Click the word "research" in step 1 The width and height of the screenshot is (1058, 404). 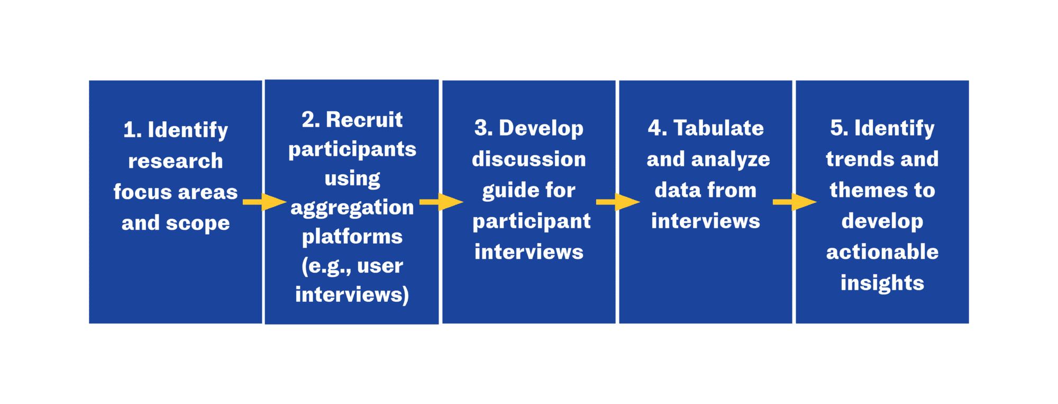(175, 161)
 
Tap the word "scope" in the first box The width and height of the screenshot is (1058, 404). (198, 223)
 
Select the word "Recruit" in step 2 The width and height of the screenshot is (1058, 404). (364, 120)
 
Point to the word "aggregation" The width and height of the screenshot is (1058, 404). (352, 208)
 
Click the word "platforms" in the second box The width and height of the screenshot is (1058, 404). (352, 237)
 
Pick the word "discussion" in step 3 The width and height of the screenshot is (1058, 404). (528, 159)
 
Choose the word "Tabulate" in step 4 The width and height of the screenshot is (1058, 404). (718, 128)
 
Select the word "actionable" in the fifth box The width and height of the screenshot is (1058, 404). (882, 252)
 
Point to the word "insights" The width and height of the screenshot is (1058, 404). (882, 283)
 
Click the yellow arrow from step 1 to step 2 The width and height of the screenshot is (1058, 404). (264, 202)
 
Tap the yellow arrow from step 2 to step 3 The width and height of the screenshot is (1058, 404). (441, 202)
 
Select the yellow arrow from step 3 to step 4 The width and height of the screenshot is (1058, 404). (617, 202)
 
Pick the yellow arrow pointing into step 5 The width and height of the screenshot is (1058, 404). (794, 202)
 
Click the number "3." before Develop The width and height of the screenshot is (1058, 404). (484, 128)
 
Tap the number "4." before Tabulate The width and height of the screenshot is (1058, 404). (657, 128)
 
